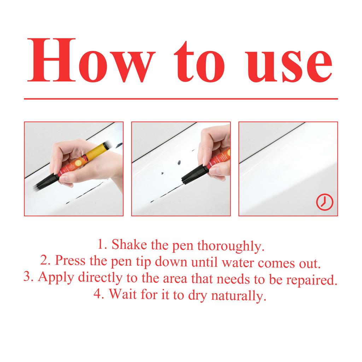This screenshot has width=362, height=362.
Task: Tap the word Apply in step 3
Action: (x=56, y=278)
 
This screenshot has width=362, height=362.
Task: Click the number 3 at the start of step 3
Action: (x=27, y=277)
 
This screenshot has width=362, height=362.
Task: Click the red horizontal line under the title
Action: (x=181, y=99)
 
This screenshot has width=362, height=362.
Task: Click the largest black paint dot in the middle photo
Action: (x=178, y=163)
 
